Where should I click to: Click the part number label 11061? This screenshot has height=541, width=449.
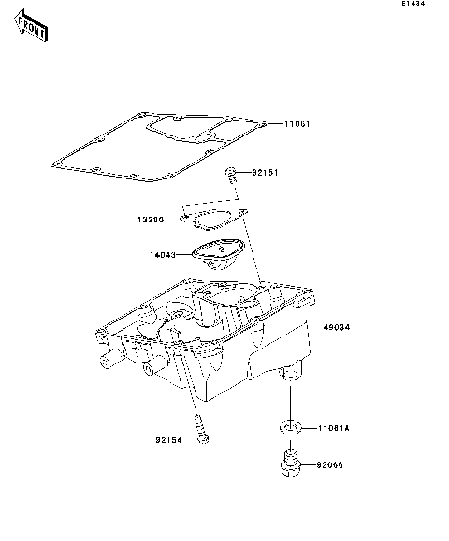pos(297,124)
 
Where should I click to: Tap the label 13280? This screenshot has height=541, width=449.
pos(152,221)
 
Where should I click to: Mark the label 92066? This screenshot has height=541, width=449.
pos(331,463)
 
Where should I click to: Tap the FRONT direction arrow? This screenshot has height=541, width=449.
pos(31,32)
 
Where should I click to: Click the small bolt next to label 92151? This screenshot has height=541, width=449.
pos(229,173)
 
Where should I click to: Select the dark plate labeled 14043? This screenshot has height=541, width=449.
pos(217,252)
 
